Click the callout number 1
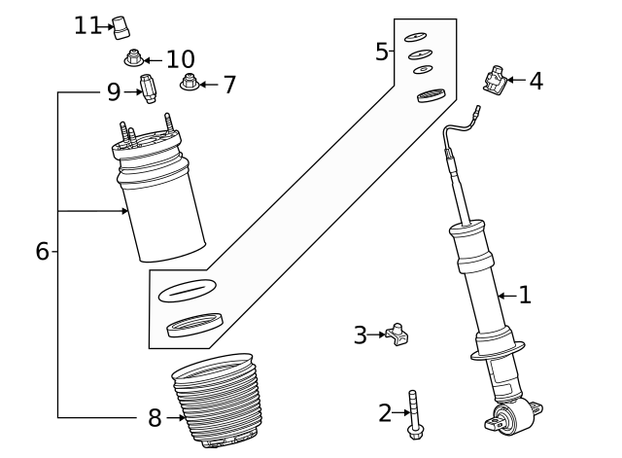525,295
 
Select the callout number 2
385,413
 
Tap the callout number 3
361,335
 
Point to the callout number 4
536,81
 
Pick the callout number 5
382,52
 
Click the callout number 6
42,251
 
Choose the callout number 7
229,86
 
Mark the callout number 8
155,418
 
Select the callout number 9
114,92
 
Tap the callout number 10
180,59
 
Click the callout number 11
86,25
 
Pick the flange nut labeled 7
190,85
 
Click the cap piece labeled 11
121,26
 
